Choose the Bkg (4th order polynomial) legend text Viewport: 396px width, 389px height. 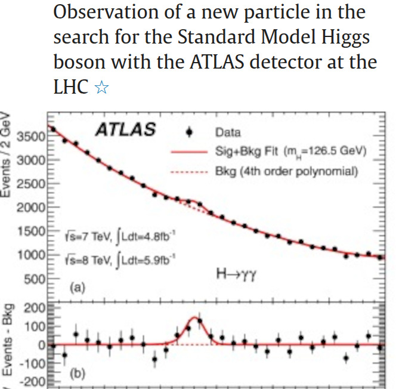click(x=286, y=172)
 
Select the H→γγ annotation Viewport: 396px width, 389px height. click(x=237, y=274)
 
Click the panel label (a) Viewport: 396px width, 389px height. click(x=78, y=287)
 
